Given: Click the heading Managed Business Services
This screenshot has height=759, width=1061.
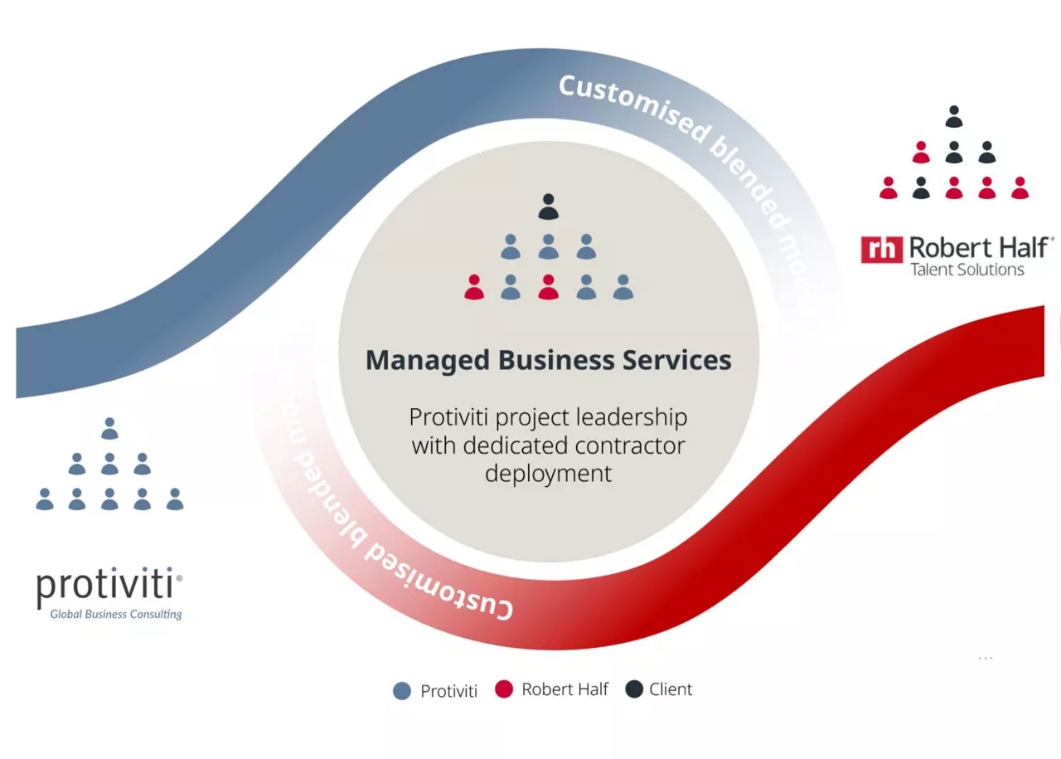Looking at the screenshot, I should click(x=548, y=360).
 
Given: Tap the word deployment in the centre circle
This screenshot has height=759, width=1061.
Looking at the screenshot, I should click(x=548, y=474).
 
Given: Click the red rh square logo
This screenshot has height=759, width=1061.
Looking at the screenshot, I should click(x=881, y=249).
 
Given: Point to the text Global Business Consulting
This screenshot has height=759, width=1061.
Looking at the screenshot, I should click(x=116, y=615).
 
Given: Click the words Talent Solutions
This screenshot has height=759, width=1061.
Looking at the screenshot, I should click(x=967, y=270).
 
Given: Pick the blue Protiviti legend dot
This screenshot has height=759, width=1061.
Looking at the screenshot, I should click(x=402, y=690).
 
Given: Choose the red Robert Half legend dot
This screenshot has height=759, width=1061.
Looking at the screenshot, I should click(x=504, y=688).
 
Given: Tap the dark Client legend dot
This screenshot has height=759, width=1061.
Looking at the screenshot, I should click(x=634, y=688).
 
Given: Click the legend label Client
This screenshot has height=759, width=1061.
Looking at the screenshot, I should click(x=671, y=688).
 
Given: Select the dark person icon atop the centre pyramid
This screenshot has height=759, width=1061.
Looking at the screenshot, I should click(x=548, y=207).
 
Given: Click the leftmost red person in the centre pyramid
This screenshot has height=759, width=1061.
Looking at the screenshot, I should click(x=474, y=287).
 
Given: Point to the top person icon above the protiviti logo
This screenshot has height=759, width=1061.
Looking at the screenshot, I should click(x=109, y=428).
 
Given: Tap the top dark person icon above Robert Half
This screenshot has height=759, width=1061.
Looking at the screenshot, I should click(x=954, y=116).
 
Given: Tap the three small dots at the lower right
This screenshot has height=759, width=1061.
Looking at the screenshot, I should click(x=986, y=659).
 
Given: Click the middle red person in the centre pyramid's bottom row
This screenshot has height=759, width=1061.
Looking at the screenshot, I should click(x=548, y=287).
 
